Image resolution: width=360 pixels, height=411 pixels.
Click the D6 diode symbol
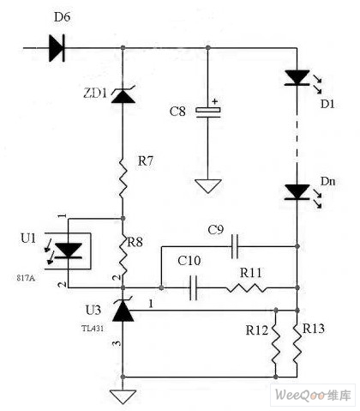point(57,48)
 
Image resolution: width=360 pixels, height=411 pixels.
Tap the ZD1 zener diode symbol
point(123,95)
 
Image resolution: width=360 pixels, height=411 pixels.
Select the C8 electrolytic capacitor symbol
point(208,112)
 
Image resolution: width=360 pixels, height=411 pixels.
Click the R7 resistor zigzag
point(123,178)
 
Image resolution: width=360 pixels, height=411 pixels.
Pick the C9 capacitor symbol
point(235,246)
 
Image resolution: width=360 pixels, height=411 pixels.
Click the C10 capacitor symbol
point(194,287)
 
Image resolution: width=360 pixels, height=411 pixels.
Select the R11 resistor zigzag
point(246,287)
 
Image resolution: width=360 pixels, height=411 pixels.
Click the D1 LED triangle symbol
point(297,78)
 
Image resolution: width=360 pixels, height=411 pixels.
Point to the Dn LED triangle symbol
point(297,192)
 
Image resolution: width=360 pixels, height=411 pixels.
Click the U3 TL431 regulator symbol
point(123,310)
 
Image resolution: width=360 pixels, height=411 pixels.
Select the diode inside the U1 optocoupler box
point(69,251)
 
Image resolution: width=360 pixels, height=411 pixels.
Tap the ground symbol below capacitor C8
point(208,186)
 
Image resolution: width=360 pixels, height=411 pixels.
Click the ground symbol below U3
point(123,396)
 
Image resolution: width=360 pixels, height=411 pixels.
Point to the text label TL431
point(93,329)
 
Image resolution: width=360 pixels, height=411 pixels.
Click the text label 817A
point(26,278)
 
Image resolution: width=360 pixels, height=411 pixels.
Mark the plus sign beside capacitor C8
point(214,101)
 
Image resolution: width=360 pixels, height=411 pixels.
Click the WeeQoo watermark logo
point(313,396)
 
